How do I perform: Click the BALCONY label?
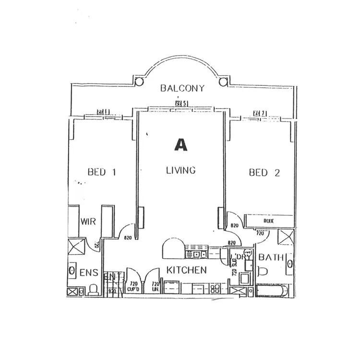coord(182,88)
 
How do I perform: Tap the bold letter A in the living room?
coord(180,144)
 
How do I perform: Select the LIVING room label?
coord(180,170)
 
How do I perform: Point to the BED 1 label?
coord(102,172)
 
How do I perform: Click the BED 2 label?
coord(264,173)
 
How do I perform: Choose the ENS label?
coord(89,273)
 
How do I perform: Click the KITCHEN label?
coord(186,270)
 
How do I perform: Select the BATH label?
coord(271,258)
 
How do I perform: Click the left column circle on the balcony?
coord(138,82)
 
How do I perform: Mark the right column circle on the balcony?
coord(222,82)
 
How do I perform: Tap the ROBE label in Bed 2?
coord(268,221)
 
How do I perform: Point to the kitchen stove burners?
coord(216,289)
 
